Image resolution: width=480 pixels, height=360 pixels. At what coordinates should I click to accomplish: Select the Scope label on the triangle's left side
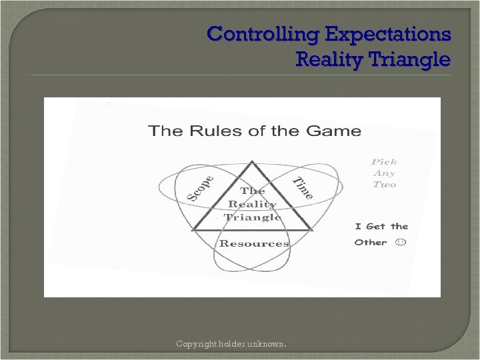pyautogui.click(x=200, y=187)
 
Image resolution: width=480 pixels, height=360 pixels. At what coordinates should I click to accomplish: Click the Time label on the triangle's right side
pyautogui.click(x=303, y=188)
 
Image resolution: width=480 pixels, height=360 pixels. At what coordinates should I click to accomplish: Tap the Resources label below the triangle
pyautogui.click(x=255, y=243)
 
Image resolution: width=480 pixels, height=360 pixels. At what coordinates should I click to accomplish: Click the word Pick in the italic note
pyautogui.click(x=384, y=161)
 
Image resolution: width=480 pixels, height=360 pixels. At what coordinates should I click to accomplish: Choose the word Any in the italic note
pyautogui.click(x=384, y=173)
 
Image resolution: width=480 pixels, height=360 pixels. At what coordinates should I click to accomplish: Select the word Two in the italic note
pyautogui.click(x=384, y=185)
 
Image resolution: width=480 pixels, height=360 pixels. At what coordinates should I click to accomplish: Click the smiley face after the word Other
pyautogui.click(x=399, y=242)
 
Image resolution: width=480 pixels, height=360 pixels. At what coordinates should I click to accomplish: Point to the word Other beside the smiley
pyautogui.click(x=371, y=242)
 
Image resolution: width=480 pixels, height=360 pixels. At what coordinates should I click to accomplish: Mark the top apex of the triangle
pyautogui.click(x=252, y=161)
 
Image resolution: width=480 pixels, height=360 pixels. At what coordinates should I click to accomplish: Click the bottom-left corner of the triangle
pyautogui.click(x=194, y=230)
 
